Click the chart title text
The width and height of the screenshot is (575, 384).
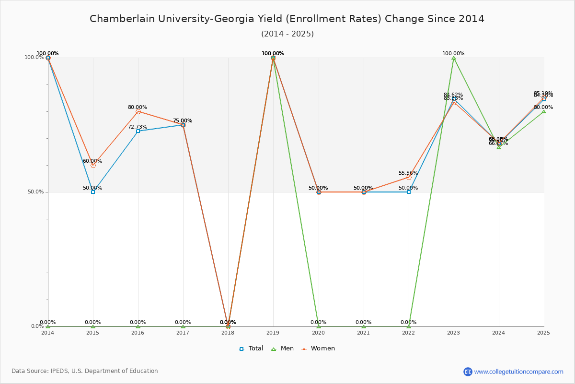point(287,19)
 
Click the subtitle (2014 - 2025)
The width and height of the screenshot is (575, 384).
point(287,34)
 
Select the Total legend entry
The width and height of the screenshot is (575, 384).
point(251,348)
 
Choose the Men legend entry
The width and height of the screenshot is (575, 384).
point(282,348)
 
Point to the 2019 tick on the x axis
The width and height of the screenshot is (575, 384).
point(273,332)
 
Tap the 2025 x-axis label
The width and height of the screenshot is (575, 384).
point(543,332)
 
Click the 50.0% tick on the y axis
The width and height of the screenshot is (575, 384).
point(34,192)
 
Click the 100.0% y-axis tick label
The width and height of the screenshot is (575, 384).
point(34,58)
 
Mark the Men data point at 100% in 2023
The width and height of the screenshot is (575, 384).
point(454,58)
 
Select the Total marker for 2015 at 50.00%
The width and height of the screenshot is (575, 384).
point(93,192)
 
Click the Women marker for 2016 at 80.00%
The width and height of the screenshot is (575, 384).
point(138,111)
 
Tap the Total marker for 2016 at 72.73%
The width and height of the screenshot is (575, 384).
point(138,131)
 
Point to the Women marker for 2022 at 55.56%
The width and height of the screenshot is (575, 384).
point(409,177)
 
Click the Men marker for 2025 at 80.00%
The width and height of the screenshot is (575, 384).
point(544,111)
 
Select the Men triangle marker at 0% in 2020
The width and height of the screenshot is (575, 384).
point(319,326)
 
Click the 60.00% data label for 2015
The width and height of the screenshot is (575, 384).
point(92,161)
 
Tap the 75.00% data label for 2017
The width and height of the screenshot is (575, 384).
point(183,121)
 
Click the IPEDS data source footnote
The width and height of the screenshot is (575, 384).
point(85,371)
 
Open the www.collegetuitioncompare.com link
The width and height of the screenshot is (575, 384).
point(518,372)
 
